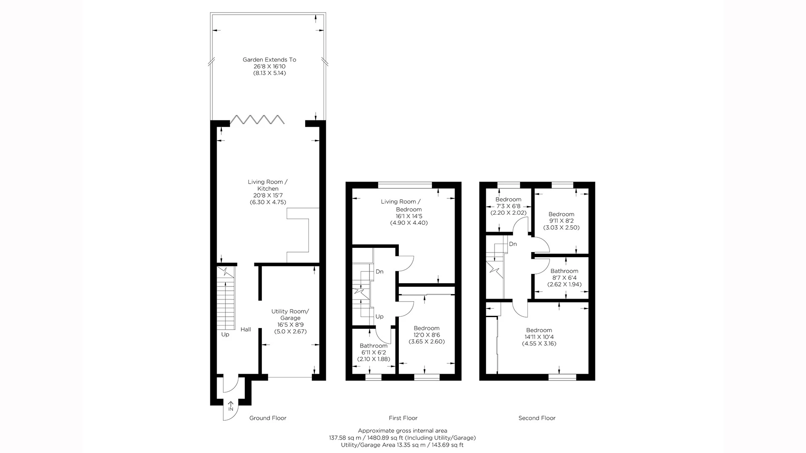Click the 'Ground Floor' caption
click(x=268, y=418)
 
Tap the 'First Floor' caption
click(x=403, y=418)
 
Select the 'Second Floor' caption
click(x=537, y=418)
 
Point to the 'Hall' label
click(x=246, y=329)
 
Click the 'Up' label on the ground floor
click(x=225, y=334)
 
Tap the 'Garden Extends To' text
click(x=270, y=60)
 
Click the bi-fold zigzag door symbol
click(x=257, y=120)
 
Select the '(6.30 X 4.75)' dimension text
click(x=268, y=202)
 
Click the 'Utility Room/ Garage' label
click(x=290, y=315)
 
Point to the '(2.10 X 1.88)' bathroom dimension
click(x=374, y=359)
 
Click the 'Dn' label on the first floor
click(x=379, y=271)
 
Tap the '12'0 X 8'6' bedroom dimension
click(x=427, y=335)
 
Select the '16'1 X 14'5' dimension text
click(x=409, y=216)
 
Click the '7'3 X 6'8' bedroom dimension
click(x=508, y=206)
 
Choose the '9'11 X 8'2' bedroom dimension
click(x=561, y=221)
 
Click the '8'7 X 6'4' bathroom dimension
click(x=564, y=278)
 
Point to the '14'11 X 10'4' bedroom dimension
click(x=539, y=337)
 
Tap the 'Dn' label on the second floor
click(x=513, y=244)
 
